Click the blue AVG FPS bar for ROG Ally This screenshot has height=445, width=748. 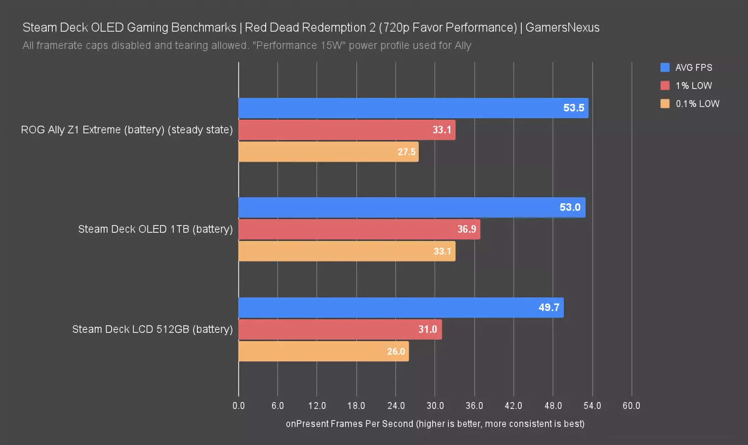tap(413, 108)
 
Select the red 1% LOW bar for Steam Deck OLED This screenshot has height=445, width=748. tap(359, 229)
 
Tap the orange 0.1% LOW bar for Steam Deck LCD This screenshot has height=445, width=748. tap(323, 351)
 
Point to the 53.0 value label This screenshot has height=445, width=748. tap(570, 207)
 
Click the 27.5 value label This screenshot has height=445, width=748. tap(406, 152)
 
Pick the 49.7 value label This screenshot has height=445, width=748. tap(549, 308)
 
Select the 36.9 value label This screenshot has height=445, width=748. tap(467, 229)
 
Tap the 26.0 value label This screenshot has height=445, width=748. tap(395, 351)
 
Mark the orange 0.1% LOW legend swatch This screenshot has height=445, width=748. tap(665, 103)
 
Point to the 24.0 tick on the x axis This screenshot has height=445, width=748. tap(395, 406)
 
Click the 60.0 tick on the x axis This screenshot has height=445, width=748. tap(631, 406)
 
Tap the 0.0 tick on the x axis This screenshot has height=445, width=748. tap(238, 406)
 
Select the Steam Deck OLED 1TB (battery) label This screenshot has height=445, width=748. tap(155, 229)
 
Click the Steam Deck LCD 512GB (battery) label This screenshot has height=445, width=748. tap(152, 329)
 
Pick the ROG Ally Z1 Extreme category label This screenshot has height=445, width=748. tap(126, 130)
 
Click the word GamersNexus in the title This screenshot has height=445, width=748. tap(562, 27)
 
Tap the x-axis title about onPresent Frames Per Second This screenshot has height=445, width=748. tap(435, 424)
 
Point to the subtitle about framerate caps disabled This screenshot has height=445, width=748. tap(247, 45)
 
